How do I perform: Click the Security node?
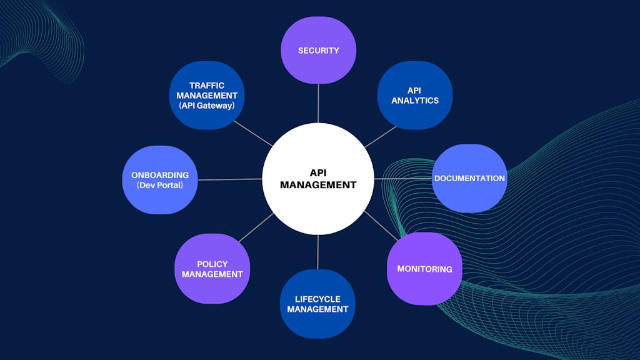click(318, 50)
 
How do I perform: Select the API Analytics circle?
click(415, 95)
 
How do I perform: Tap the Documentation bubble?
click(469, 178)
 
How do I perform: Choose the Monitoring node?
click(424, 269)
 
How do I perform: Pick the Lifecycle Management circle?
click(317, 304)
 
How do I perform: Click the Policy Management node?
click(212, 269)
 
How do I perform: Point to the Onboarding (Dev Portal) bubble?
click(160, 180)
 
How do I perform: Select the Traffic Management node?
click(207, 95)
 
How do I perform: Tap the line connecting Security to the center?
click(318, 103)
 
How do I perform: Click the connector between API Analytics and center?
click(380, 137)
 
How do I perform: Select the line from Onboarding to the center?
click(229, 179)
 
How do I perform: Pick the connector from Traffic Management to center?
click(253, 134)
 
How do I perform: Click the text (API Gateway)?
click(207, 106)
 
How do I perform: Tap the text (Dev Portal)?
click(160, 186)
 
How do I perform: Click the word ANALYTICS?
click(415, 101)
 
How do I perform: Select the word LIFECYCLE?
click(317, 299)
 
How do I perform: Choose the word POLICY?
click(212, 264)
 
